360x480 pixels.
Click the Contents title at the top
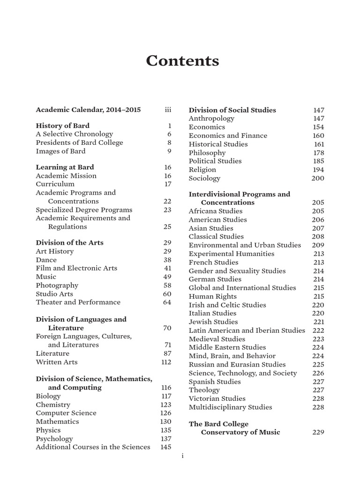click(x=182, y=61)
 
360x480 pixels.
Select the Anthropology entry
click(x=211, y=119)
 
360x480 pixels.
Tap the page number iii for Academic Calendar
click(x=168, y=110)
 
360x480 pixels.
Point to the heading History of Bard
click(x=63, y=126)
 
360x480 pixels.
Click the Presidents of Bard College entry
click(x=80, y=142)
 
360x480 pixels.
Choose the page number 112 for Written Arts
click(x=165, y=362)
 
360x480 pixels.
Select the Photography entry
click(x=57, y=285)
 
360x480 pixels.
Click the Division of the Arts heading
click(x=70, y=243)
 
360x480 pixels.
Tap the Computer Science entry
click(x=66, y=413)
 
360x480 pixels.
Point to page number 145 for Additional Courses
click(x=165, y=447)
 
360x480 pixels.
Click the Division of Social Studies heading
click(x=232, y=110)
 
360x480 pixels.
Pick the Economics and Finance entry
click(x=228, y=135)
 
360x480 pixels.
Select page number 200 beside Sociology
click(x=318, y=178)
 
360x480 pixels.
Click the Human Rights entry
click(x=213, y=296)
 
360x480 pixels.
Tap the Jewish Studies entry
click(x=213, y=322)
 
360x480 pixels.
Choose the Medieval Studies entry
click(x=217, y=339)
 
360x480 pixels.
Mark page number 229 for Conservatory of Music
click(x=318, y=432)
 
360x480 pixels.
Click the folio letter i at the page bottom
click(x=182, y=456)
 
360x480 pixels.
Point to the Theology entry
click(x=204, y=390)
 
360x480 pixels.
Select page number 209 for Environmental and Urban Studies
click(x=318, y=245)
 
